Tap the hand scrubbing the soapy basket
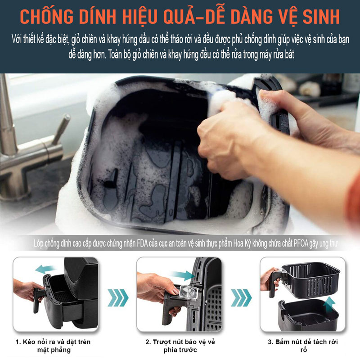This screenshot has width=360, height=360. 234,130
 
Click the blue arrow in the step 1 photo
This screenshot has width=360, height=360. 46,269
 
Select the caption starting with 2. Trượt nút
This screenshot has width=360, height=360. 180,346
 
